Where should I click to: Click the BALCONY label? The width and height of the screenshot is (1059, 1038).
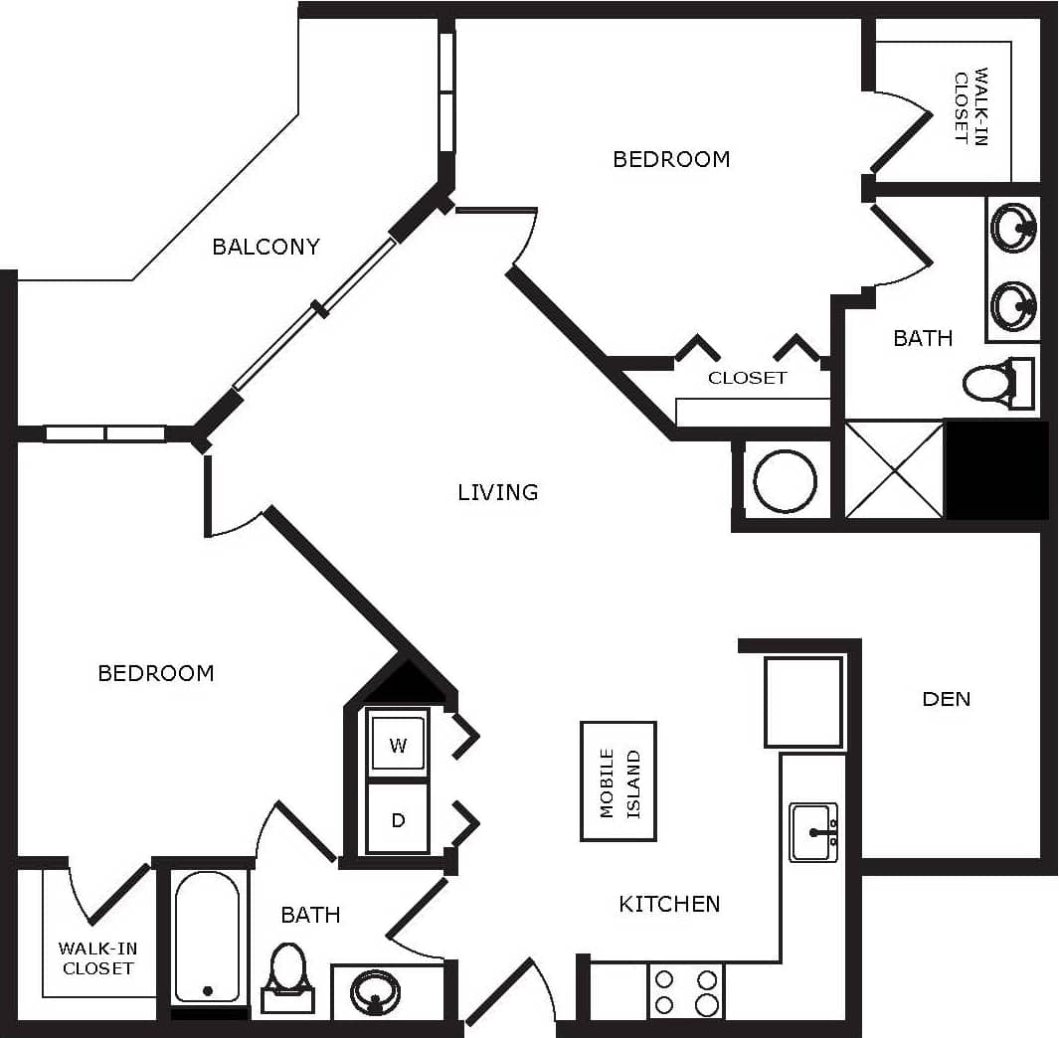pyautogui.click(x=265, y=247)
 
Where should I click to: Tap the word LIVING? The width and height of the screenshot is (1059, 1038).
pyautogui.click(x=497, y=492)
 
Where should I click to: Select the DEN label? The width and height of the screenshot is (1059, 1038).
pyautogui.click(x=946, y=699)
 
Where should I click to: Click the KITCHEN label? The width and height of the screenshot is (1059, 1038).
pyautogui.click(x=669, y=904)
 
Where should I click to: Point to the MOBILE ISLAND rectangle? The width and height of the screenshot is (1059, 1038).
pyautogui.click(x=618, y=781)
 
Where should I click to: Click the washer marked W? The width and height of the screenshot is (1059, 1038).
pyautogui.click(x=398, y=746)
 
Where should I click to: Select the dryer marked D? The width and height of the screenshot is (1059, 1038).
pyautogui.click(x=398, y=820)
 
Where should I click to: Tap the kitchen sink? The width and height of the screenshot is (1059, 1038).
pyautogui.click(x=813, y=832)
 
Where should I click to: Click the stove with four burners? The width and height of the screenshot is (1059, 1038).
pyautogui.click(x=685, y=991)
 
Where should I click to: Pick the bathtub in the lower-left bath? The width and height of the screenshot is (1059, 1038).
pyautogui.click(x=207, y=937)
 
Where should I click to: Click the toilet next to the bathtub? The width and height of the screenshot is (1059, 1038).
pyautogui.click(x=287, y=973)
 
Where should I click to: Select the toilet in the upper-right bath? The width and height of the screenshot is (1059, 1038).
pyautogui.click(x=994, y=383)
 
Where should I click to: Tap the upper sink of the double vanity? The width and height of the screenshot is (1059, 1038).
pyautogui.click(x=1013, y=229)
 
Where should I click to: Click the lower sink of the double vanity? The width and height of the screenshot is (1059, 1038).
pyautogui.click(x=1013, y=305)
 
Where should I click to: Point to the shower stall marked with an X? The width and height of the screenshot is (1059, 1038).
pyautogui.click(x=893, y=469)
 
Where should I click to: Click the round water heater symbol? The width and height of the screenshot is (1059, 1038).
pyautogui.click(x=785, y=482)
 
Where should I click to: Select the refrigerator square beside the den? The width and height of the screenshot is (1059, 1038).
pyautogui.click(x=802, y=702)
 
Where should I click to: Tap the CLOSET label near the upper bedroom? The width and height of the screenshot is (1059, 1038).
pyautogui.click(x=747, y=378)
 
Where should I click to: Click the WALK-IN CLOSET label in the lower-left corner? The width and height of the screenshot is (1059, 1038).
pyautogui.click(x=97, y=958)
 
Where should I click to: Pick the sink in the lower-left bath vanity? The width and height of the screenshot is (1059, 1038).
pyautogui.click(x=375, y=991)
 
